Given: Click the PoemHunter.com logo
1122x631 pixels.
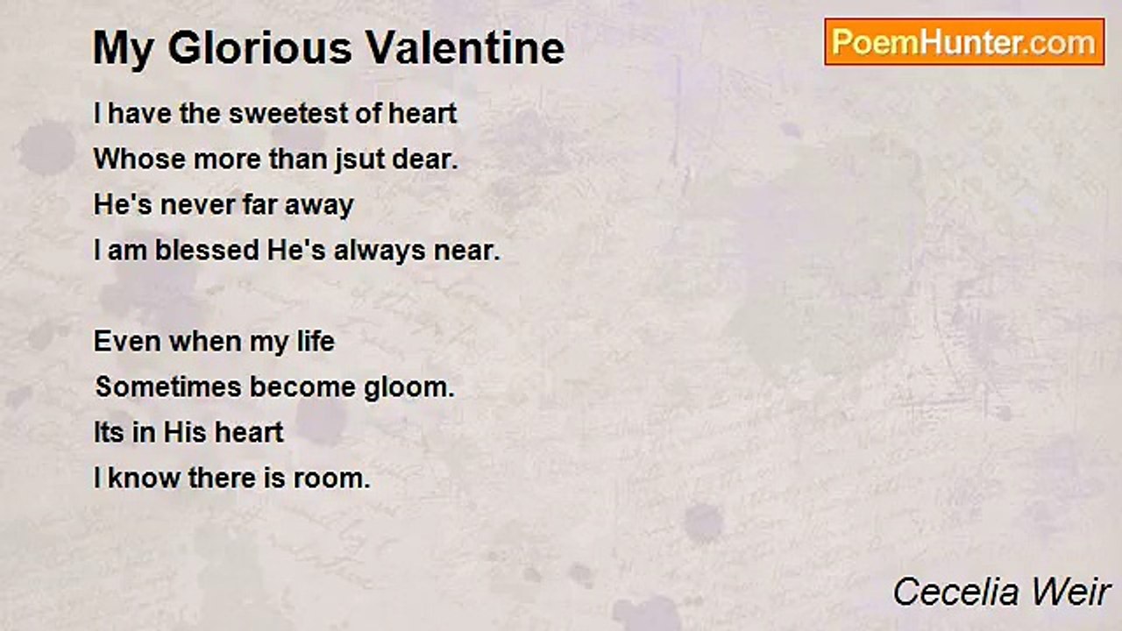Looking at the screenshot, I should (x=964, y=42).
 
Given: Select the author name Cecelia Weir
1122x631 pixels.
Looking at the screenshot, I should (x=1002, y=592).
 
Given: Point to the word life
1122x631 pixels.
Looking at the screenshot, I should (x=315, y=341).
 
